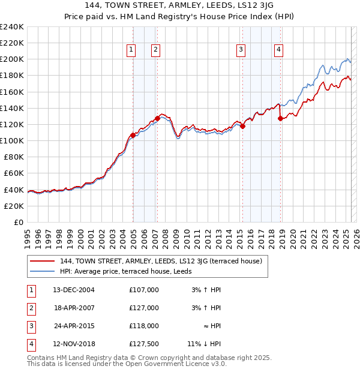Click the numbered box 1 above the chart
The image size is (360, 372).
pyautogui.click(x=131, y=50)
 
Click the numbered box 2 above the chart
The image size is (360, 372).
pyautogui.click(x=155, y=50)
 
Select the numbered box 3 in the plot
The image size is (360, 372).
pyautogui.click(x=241, y=50)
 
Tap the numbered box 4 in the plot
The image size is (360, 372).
pyautogui.click(x=279, y=50)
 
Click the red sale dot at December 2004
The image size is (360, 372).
pyautogui.click(x=133, y=136)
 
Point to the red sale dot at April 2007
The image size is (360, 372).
pyautogui.click(x=157, y=118)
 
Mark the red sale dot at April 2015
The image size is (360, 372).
pyautogui.click(x=243, y=126)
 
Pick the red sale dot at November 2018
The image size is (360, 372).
pyautogui.click(x=280, y=119)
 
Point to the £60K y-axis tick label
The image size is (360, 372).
pyautogui.click(x=14, y=173)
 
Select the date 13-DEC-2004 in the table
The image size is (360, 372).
pyautogui.click(x=73, y=290)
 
